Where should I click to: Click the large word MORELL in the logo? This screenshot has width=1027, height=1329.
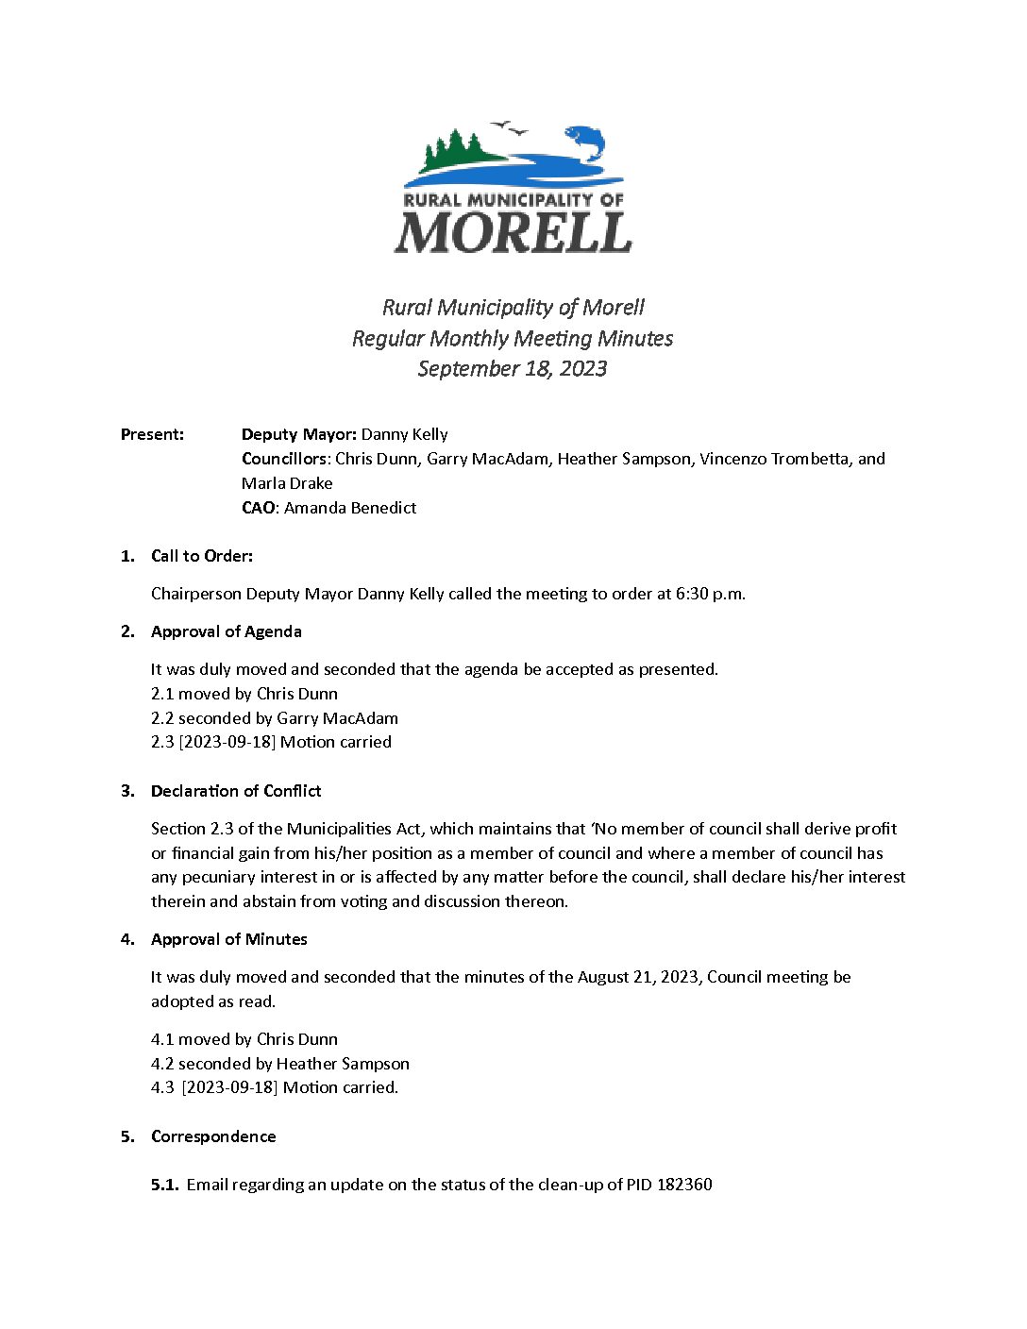513,232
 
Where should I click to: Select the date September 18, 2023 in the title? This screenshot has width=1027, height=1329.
513,368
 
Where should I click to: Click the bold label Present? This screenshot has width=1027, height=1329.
152,434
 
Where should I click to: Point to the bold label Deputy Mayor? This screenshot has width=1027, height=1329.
298,434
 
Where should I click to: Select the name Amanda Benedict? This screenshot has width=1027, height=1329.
350,508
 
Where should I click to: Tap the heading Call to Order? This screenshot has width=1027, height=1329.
202,556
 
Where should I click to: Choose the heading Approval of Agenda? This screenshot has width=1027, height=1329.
227,631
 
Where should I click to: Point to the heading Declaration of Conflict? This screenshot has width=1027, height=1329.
236,791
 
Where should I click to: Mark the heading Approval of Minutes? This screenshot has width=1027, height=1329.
229,939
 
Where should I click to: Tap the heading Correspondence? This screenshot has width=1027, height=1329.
213,1136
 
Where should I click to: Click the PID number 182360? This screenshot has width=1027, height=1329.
683,1185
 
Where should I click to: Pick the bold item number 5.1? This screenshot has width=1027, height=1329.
164,1185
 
